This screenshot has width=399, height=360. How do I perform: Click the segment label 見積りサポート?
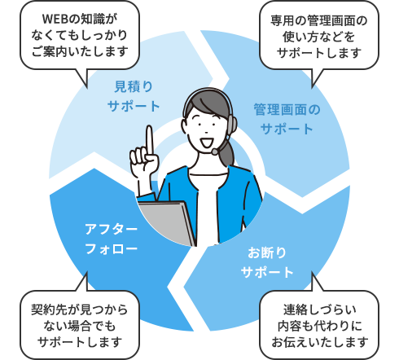[134, 96]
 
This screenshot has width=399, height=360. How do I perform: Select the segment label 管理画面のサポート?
[287, 119]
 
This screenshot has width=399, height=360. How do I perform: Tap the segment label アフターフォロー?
[112, 239]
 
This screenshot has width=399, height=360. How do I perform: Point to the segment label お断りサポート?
[267, 262]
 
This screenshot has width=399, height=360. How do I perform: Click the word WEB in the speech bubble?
[55, 19]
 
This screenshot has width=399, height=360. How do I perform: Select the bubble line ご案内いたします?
[80, 51]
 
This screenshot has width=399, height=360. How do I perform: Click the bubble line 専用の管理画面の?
[319, 20]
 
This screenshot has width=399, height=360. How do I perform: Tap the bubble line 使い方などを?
[319, 37]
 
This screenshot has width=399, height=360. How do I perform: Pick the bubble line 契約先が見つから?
[80, 310]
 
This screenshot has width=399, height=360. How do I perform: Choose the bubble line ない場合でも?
[80, 326]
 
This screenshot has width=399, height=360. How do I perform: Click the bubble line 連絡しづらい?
[319, 310]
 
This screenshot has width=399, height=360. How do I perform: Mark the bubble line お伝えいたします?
[319, 342]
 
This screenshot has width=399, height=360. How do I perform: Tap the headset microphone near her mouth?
[215, 151]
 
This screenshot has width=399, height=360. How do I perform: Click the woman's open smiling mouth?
[206, 143]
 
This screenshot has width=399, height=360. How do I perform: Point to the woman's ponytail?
[227, 152]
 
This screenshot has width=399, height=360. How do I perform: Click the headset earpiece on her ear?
[231, 124]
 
